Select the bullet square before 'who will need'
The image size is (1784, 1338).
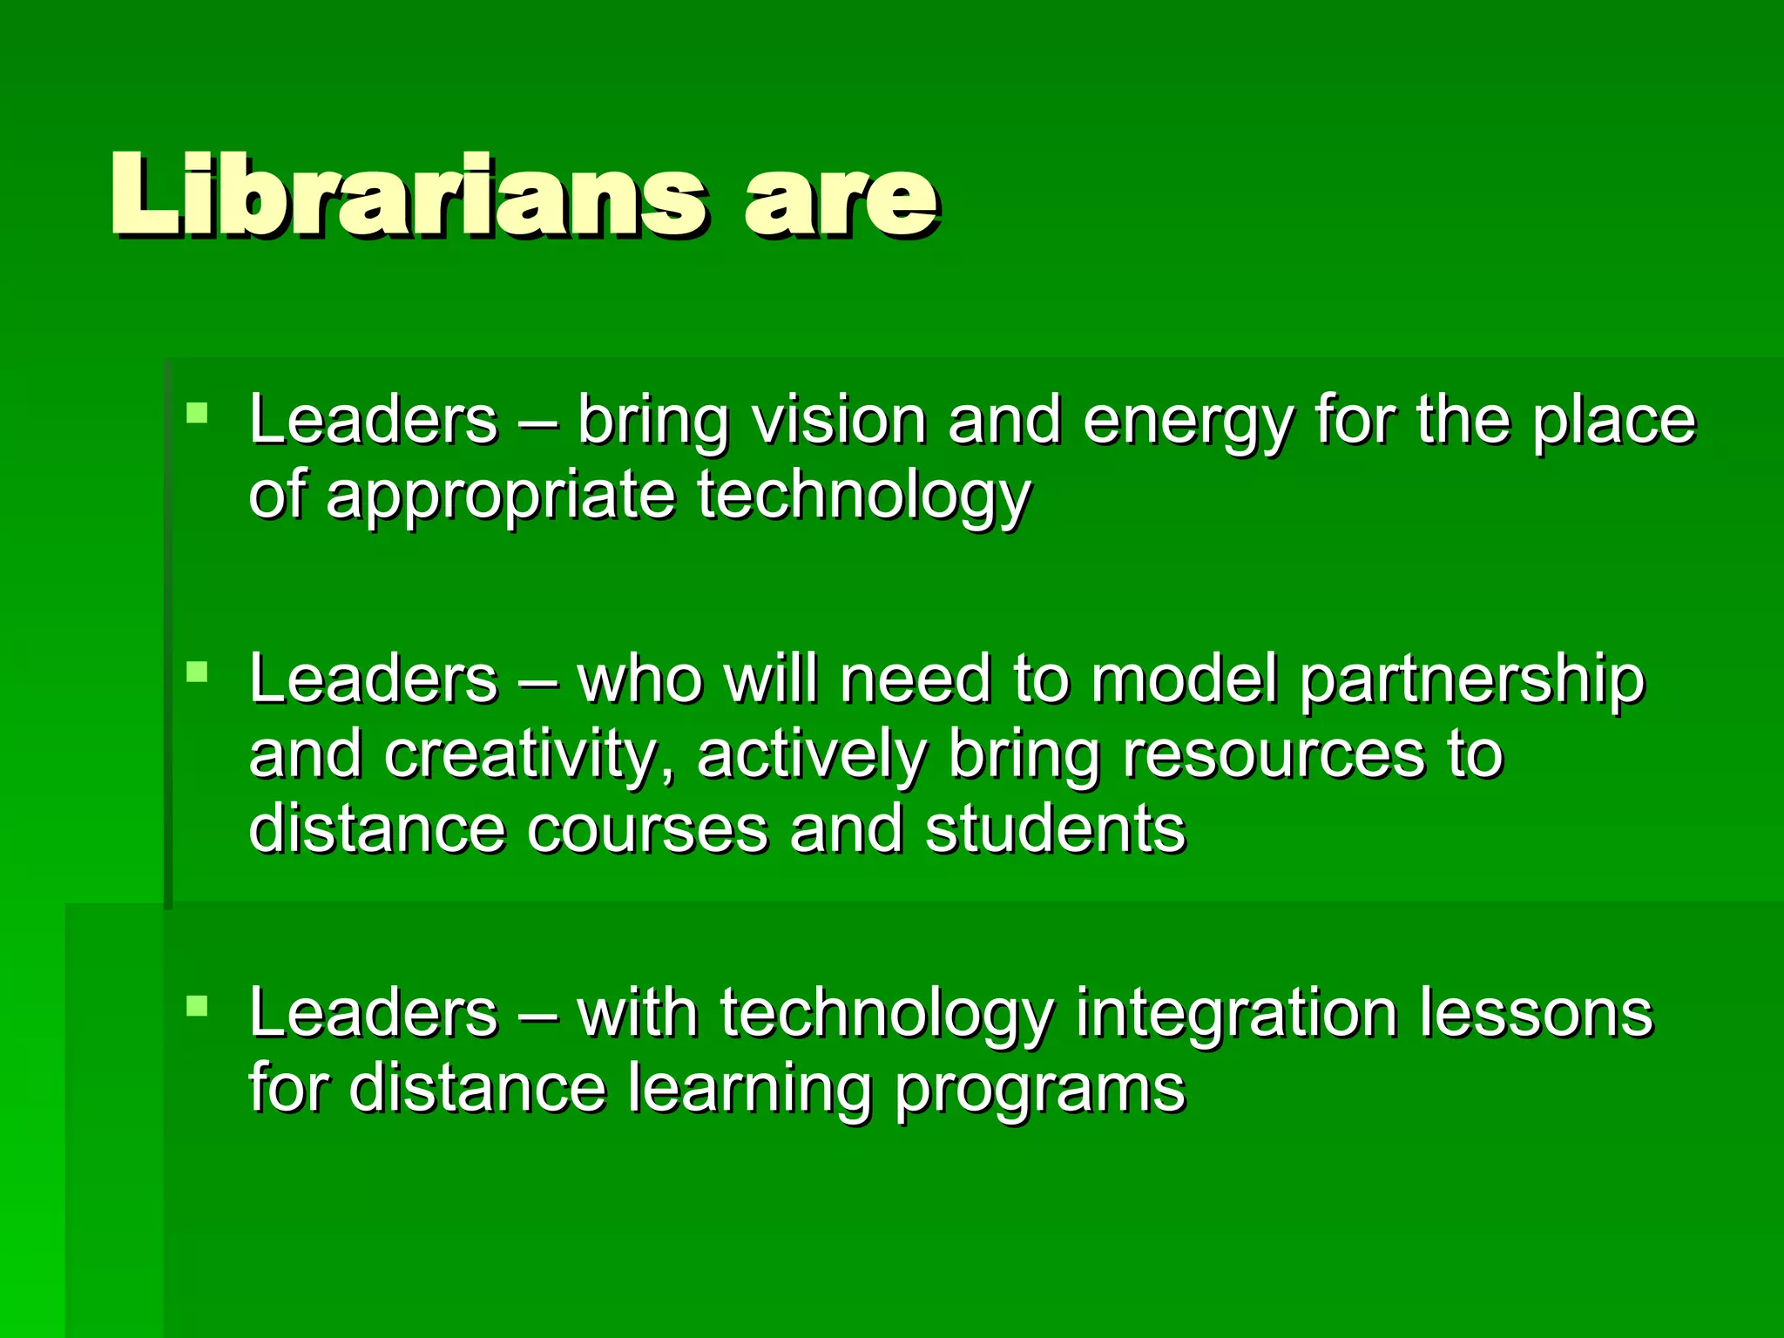(198, 671)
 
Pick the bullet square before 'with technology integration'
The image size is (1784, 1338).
(198, 1006)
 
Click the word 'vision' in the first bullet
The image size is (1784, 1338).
(839, 420)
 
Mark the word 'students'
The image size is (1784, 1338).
(1055, 828)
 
